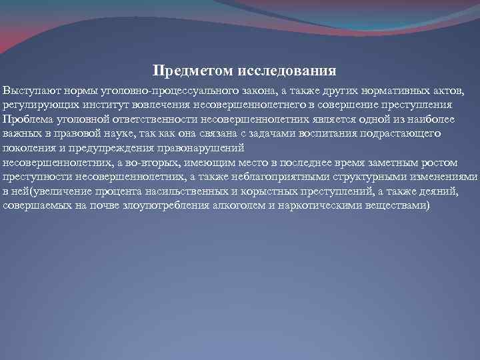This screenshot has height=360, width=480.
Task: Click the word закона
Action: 265,90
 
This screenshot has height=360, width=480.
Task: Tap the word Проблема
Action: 24,119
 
